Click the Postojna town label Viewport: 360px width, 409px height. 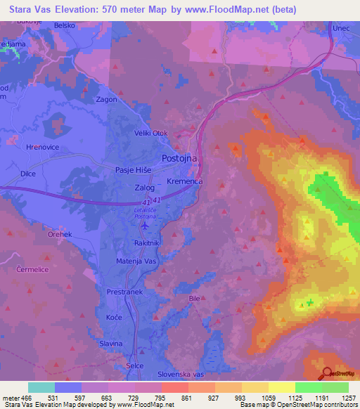(180, 159)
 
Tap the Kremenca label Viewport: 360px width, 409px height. (185, 181)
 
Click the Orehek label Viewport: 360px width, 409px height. (39, 234)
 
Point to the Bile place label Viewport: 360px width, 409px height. (195, 299)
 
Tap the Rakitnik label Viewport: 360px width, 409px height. (148, 242)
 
